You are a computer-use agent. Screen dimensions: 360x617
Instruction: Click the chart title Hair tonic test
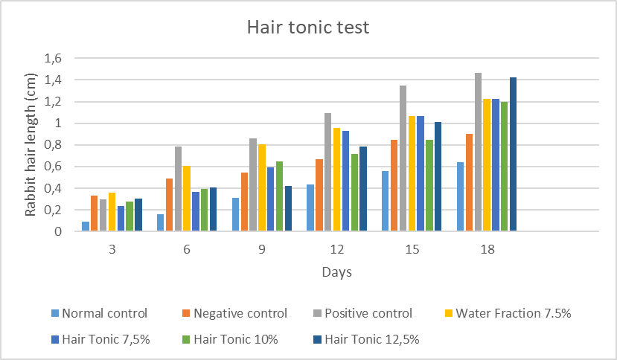[x=308, y=28]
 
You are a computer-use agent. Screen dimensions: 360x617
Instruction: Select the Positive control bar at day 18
[x=478, y=152]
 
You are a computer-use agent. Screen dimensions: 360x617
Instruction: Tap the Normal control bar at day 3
[x=86, y=227]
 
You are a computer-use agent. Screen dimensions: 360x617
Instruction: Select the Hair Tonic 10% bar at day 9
[x=279, y=196]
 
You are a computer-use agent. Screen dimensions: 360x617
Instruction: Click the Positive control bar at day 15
[x=403, y=158]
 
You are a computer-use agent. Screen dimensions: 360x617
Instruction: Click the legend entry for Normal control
[x=105, y=313]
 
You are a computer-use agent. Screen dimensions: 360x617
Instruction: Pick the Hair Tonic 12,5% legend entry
[x=377, y=339]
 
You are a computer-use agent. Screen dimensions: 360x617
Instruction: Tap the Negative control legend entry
[x=240, y=313]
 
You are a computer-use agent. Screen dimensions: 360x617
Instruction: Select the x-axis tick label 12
[x=336, y=250]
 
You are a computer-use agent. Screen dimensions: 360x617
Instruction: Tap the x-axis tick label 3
[x=112, y=250]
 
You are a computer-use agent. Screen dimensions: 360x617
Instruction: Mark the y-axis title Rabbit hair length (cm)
[x=31, y=145]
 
